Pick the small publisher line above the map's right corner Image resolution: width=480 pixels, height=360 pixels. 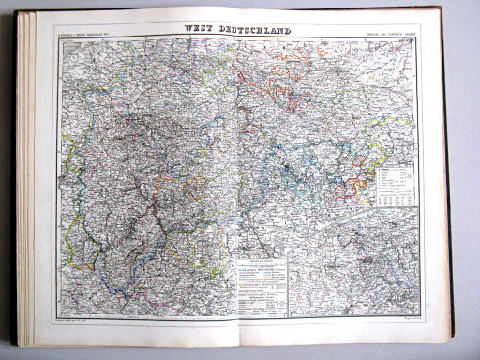389,39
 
